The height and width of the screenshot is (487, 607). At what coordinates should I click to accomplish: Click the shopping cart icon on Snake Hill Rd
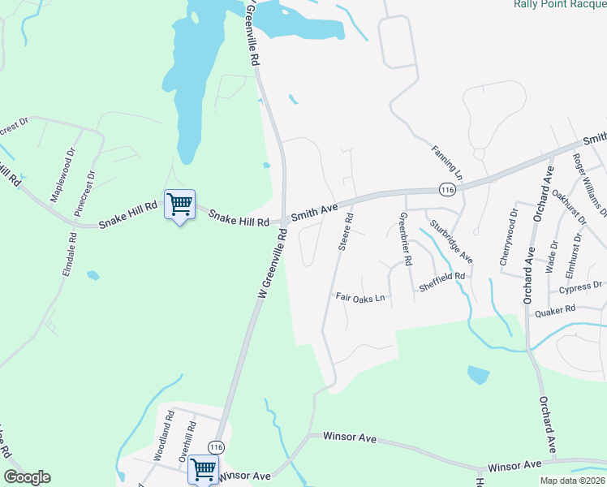tap(179, 204)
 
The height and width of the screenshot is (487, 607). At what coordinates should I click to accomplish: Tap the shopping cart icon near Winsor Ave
tap(202, 468)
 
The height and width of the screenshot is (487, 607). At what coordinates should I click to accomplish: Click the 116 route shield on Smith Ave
tap(446, 189)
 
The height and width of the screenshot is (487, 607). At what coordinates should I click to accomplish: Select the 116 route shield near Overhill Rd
tap(216, 447)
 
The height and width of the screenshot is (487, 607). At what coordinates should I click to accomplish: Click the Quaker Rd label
tap(558, 308)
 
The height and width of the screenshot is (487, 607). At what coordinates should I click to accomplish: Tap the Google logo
tap(27, 477)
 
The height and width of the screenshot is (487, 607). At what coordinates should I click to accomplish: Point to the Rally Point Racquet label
tap(560, 4)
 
